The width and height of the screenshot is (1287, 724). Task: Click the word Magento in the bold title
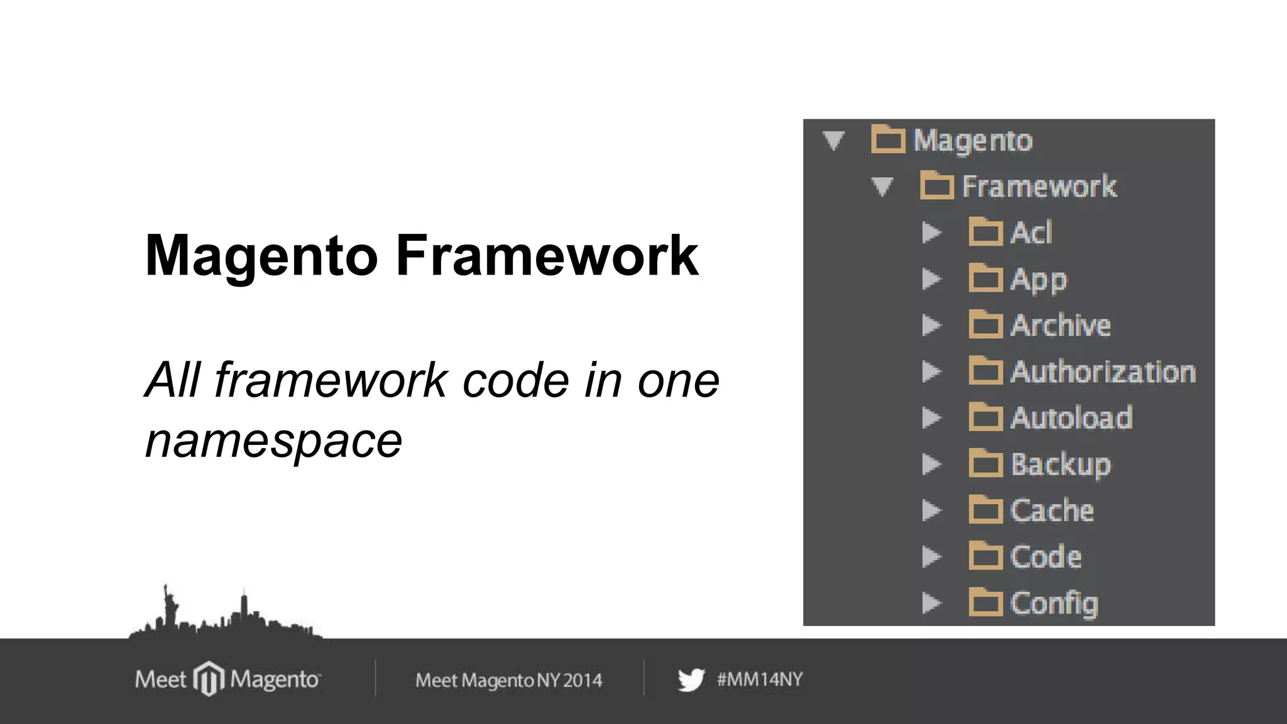(261, 256)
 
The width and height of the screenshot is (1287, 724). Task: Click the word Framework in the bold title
(547, 256)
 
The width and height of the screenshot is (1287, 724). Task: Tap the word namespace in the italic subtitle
(273, 441)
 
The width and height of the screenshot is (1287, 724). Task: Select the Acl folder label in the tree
(1031, 233)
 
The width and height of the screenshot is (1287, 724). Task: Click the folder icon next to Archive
(985, 325)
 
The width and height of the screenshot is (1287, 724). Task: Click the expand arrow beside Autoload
(931, 418)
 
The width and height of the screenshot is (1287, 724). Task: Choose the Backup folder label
(1060, 464)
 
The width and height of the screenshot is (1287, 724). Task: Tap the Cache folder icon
(985, 510)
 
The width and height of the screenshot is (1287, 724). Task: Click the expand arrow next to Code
(931, 557)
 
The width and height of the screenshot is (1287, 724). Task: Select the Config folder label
(1054, 603)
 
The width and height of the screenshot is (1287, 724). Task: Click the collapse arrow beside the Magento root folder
(833, 140)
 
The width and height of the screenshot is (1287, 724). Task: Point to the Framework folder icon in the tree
(936, 186)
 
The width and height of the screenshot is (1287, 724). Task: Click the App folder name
(1038, 280)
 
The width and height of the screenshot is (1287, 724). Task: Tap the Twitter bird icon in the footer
(691, 680)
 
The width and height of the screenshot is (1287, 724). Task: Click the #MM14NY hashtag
(759, 679)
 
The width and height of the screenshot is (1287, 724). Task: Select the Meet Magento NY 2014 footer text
(508, 680)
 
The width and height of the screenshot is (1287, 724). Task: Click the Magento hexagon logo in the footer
(209, 679)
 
